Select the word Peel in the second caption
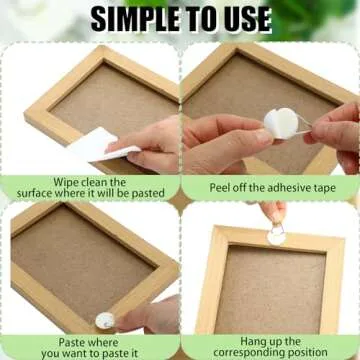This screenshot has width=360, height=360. pyautogui.click(x=223, y=187)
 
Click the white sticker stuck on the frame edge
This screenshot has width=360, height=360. pyautogui.click(x=104, y=320)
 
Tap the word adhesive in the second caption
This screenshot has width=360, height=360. pyautogui.click(x=274, y=187)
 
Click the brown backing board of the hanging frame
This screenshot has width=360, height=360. pyautogui.click(x=270, y=290)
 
